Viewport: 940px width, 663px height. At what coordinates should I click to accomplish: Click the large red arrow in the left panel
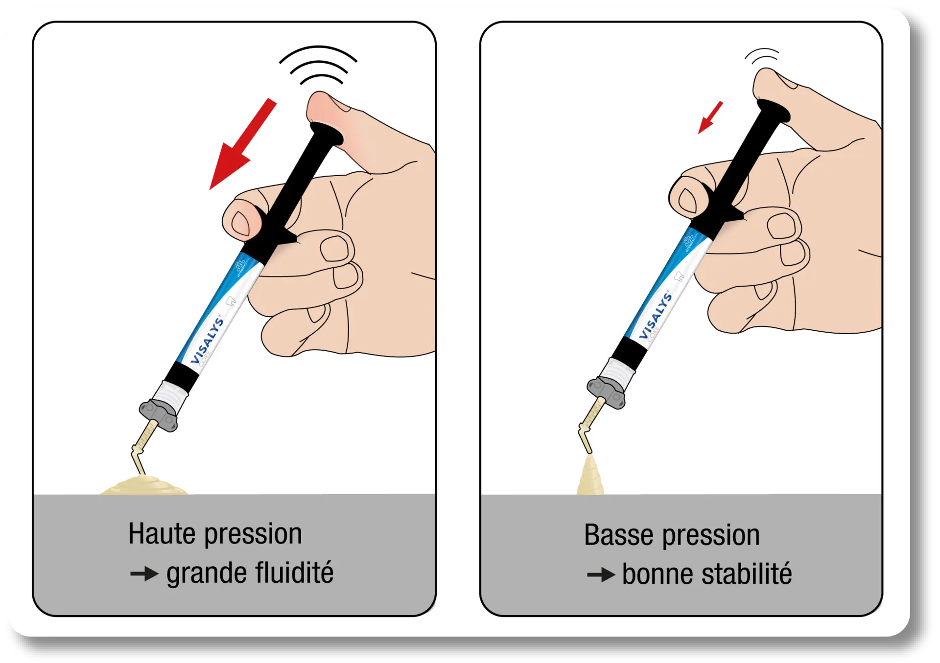pos(240,147)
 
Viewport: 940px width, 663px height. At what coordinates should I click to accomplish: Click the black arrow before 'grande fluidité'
pos(144,573)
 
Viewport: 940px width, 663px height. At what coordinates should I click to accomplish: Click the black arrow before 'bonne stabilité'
pos(601,574)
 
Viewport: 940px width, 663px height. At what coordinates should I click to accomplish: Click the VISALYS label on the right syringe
pos(656,316)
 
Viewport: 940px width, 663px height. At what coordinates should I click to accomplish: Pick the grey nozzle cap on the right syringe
pos(607,392)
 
